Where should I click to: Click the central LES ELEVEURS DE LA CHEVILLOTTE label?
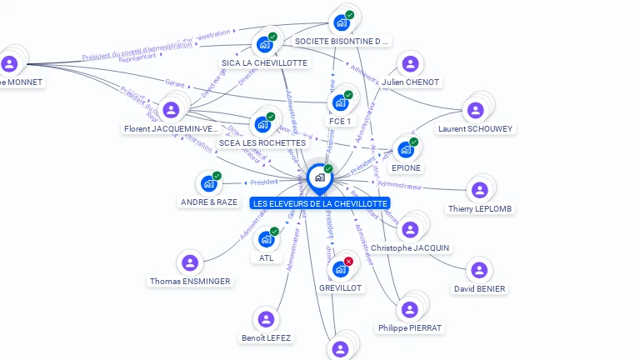click(x=319, y=203)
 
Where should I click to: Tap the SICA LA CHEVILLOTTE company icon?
click(x=265, y=44)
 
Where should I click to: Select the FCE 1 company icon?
click(x=340, y=102)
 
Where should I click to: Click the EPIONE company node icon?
click(x=406, y=149)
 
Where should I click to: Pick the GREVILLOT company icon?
click(x=340, y=268)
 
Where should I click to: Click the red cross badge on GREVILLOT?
click(x=348, y=261)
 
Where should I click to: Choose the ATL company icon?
click(x=267, y=239)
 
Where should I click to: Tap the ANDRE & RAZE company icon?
click(x=208, y=183)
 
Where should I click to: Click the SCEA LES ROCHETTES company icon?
click(x=262, y=124)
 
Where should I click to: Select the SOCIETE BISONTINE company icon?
click(x=342, y=22)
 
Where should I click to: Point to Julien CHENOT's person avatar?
click(x=410, y=63)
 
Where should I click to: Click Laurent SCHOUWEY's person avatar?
click(x=475, y=110)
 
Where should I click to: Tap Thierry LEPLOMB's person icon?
click(x=479, y=190)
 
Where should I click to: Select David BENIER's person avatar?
click(x=479, y=270)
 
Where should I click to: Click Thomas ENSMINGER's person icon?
click(x=190, y=263)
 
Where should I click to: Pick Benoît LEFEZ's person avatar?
click(x=266, y=319)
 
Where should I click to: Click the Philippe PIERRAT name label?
click(x=409, y=328)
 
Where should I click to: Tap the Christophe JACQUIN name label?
click(x=410, y=248)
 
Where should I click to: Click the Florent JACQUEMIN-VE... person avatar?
click(x=171, y=110)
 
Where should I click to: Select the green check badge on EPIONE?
click(x=413, y=142)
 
